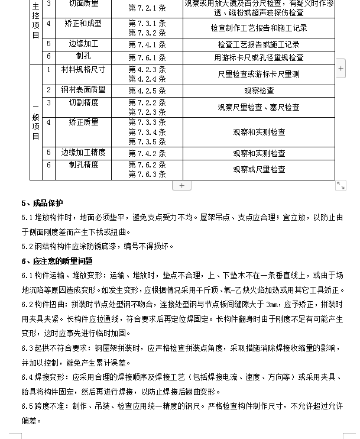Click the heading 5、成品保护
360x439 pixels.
tap(42, 204)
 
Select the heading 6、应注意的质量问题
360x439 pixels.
tap(57, 261)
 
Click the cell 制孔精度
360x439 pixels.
tap(83, 165)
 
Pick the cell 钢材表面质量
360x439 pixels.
tap(83, 90)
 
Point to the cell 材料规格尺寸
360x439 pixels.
tap(83, 70)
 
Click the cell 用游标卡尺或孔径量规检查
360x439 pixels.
tap(259, 58)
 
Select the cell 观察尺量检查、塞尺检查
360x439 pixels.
tap(259, 108)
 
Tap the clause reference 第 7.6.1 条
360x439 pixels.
tap(147, 58)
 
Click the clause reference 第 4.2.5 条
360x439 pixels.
tap(147, 91)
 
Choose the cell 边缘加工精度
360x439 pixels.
tap(83, 153)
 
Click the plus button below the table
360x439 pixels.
tap(181, 186)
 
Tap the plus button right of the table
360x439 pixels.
tap(341, 69)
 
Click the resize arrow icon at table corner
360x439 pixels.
tap(340, 186)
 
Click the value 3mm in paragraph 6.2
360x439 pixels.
tap(273, 305)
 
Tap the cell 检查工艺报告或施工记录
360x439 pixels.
tap(259, 44)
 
